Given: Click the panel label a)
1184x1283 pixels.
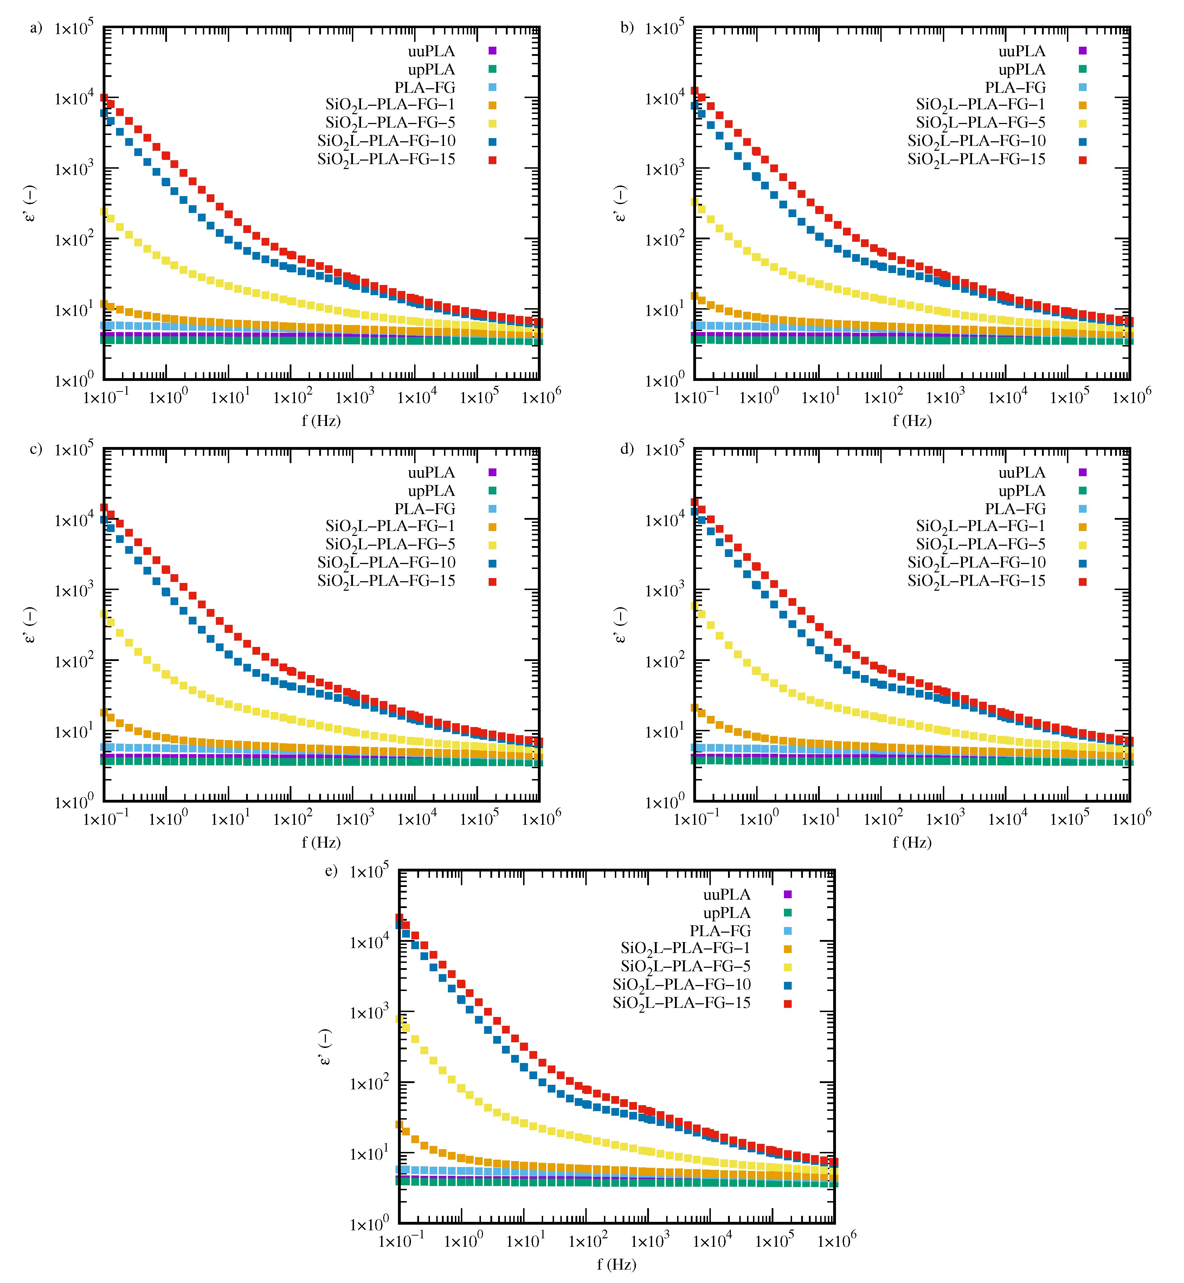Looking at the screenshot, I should tap(36, 27).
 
